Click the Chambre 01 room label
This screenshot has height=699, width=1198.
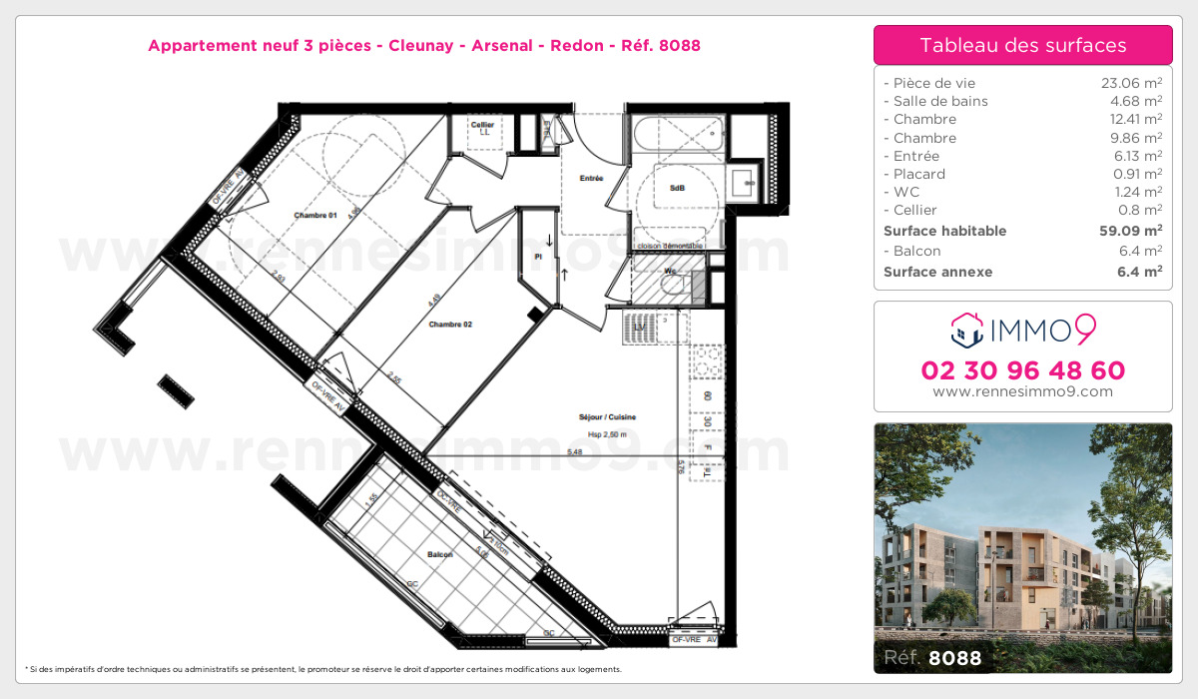315,216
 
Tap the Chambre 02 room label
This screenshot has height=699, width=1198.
450,325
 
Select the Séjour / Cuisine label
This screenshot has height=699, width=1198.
607,417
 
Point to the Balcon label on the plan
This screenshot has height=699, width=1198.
439,554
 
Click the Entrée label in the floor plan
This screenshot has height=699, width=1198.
591,179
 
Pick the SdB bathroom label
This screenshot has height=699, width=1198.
677,188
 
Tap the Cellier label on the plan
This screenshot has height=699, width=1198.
483,125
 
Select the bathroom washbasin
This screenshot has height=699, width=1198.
743,183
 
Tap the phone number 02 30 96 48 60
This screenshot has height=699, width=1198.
1022,370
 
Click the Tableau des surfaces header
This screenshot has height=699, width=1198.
1022,45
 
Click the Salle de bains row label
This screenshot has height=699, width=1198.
935,101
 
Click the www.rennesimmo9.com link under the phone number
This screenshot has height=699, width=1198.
1022,391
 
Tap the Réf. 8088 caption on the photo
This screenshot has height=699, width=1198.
932,658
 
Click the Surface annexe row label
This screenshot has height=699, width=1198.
937,272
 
